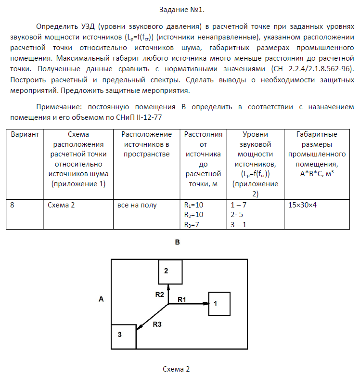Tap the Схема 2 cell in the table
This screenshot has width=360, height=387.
[61, 205]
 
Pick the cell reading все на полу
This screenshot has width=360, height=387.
[137, 205]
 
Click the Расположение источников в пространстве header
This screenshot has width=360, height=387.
[146, 144]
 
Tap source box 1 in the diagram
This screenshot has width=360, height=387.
[219, 304]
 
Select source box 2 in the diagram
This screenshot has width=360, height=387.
[170, 272]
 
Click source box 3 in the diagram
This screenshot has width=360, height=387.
[124, 336]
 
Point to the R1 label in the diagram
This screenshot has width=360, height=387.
[182, 299]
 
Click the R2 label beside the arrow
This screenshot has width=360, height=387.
[160, 294]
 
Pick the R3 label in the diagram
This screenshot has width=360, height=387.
[157, 324]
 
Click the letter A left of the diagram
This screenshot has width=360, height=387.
[101, 299]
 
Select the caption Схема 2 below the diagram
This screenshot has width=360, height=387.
[176, 369]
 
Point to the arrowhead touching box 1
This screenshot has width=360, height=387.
[206, 304]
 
